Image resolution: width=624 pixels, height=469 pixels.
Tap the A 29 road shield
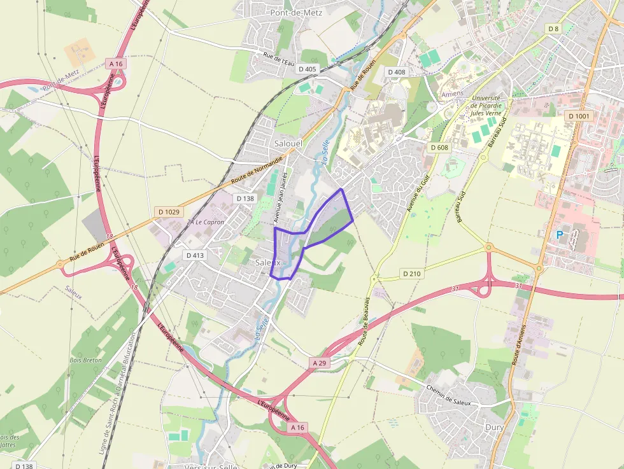click(x=319, y=362)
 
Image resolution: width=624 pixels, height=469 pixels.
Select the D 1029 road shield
click(x=168, y=211)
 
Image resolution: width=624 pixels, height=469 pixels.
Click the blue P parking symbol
click(x=560, y=235)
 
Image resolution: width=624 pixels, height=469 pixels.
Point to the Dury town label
click(x=495, y=427)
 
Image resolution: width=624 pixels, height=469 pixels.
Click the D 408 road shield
click(x=396, y=72)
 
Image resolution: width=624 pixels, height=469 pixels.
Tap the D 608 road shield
click(x=439, y=147)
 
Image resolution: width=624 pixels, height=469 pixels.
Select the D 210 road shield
click(x=412, y=273)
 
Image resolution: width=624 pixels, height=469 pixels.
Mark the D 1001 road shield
click(x=578, y=116)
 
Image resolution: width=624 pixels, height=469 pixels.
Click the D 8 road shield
click(x=553, y=29)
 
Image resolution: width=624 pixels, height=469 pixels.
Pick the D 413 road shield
click(x=195, y=255)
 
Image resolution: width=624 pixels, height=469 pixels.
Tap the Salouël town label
click(x=288, y=144)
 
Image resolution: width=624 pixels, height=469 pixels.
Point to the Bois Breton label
click(x=85, y=360)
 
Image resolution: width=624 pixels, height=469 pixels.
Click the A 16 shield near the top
click(x=116, y=64)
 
